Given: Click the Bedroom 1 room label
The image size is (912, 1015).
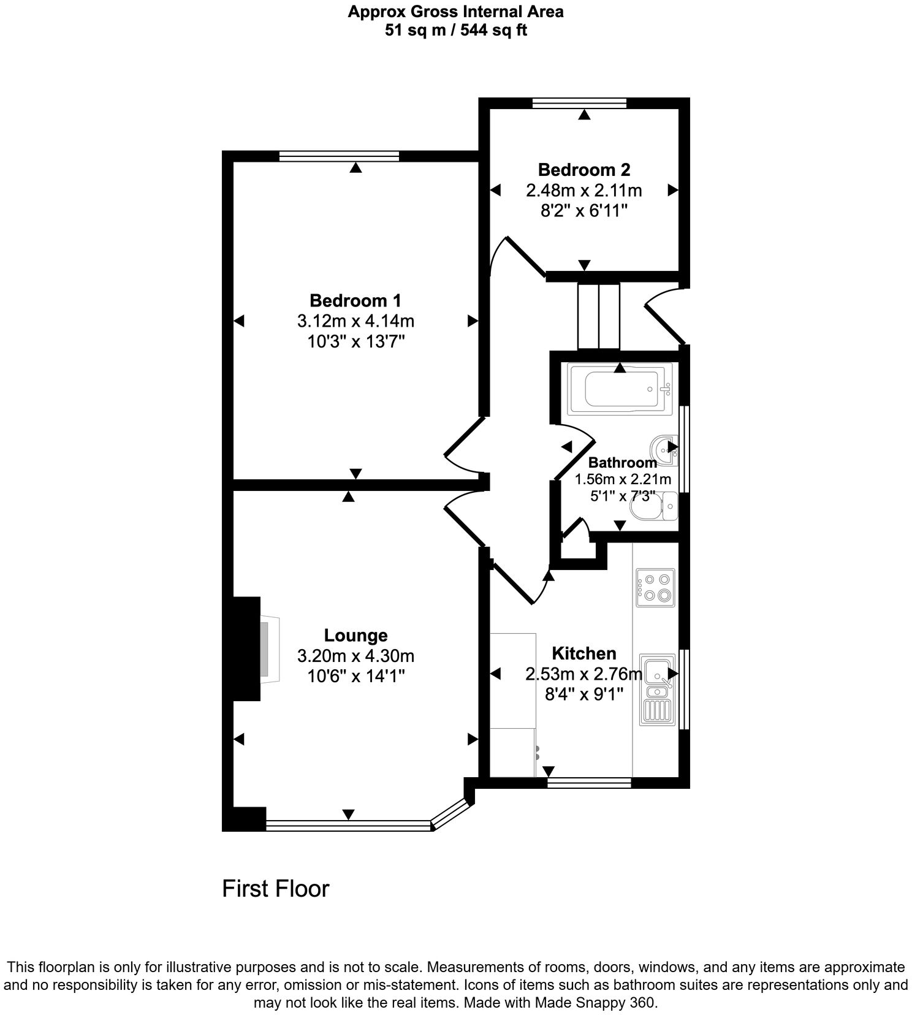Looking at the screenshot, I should tap(355, 300).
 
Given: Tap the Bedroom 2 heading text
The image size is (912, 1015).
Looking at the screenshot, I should tap(583, 169).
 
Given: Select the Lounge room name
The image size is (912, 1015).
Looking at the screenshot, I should tap(355, 635).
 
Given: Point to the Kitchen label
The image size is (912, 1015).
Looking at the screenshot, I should tap(583, 653).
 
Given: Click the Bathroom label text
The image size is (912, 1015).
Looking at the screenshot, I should tap(621, 463).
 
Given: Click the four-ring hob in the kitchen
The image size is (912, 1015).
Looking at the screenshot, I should tap(655, 588).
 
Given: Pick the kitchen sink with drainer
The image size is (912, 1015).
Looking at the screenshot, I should tap(657, 690).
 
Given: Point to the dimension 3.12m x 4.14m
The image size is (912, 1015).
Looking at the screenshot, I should tap(355, 321).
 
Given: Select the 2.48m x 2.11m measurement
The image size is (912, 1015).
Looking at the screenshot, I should tap(583, 190).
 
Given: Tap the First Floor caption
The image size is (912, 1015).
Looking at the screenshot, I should tap(275, 888).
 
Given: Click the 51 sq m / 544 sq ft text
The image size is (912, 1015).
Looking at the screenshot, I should tap(455, 30).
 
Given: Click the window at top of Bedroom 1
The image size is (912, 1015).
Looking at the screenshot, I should tap(339, 156).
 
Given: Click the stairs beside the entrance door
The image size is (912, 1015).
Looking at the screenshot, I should tap(599, 316).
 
